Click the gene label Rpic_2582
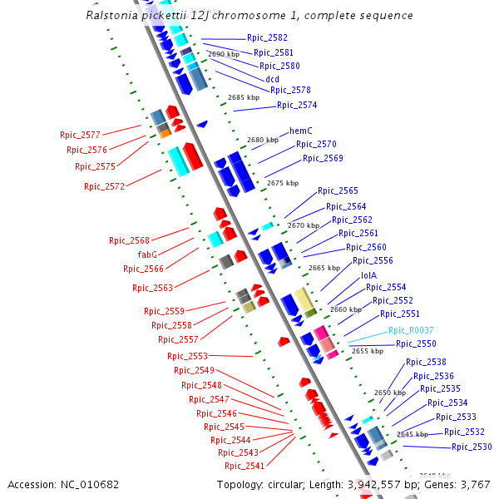(x=267, y=38)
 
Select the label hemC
(x=300, y=131)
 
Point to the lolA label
(x=368, y=275)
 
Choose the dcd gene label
(x=272, y=79)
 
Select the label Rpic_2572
(x=104, y=187)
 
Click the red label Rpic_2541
(x=244, y=467)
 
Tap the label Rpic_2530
(x=472, y=447)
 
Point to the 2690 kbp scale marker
(x=224, y=54)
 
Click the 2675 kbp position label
(x=282, y=183)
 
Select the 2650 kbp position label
(x=389, y=393)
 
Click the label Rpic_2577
(x=80, y=135)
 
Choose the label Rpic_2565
(x=338, y=191)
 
